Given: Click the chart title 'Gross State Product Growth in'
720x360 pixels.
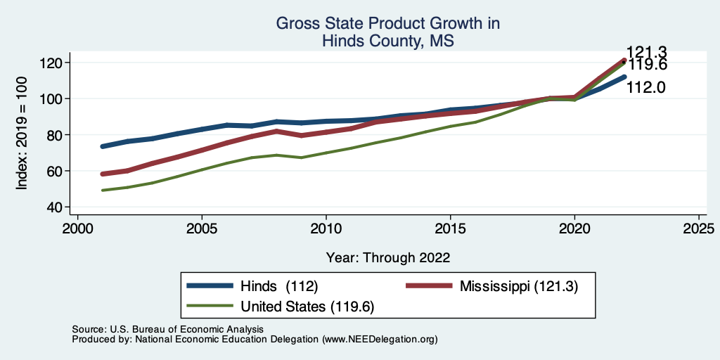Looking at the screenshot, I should pyautogui.click(x=387, y=23).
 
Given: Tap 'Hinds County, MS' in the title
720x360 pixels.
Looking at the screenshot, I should pyautogui.click(x=387, y=41).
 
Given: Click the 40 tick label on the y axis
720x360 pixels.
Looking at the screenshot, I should pyautogui.click(x=56, y=207).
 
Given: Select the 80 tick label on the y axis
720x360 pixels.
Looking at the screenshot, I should pyautogui.click(x=56, y=135).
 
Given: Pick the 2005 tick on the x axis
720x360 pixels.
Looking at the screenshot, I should pyautogui.click(x=202, y=229).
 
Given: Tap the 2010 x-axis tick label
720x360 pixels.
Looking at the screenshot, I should pyautogui.click(x=326, y=229).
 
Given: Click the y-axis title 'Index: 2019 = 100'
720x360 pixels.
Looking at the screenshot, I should pyautogui.click(x=22, y=135).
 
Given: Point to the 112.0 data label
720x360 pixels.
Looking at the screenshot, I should pyautogui.click(x=646, y=88).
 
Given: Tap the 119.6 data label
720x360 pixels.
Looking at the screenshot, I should pyautogui.click(x=648, y=65).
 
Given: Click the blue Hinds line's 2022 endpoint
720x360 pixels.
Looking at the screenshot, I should pyautogui.click(x=624, y=77).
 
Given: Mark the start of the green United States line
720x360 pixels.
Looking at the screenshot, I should pyautogui.click(x=103, y=191).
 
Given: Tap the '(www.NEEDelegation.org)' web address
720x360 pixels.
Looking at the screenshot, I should pyautogui.click(x=380, y=339).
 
